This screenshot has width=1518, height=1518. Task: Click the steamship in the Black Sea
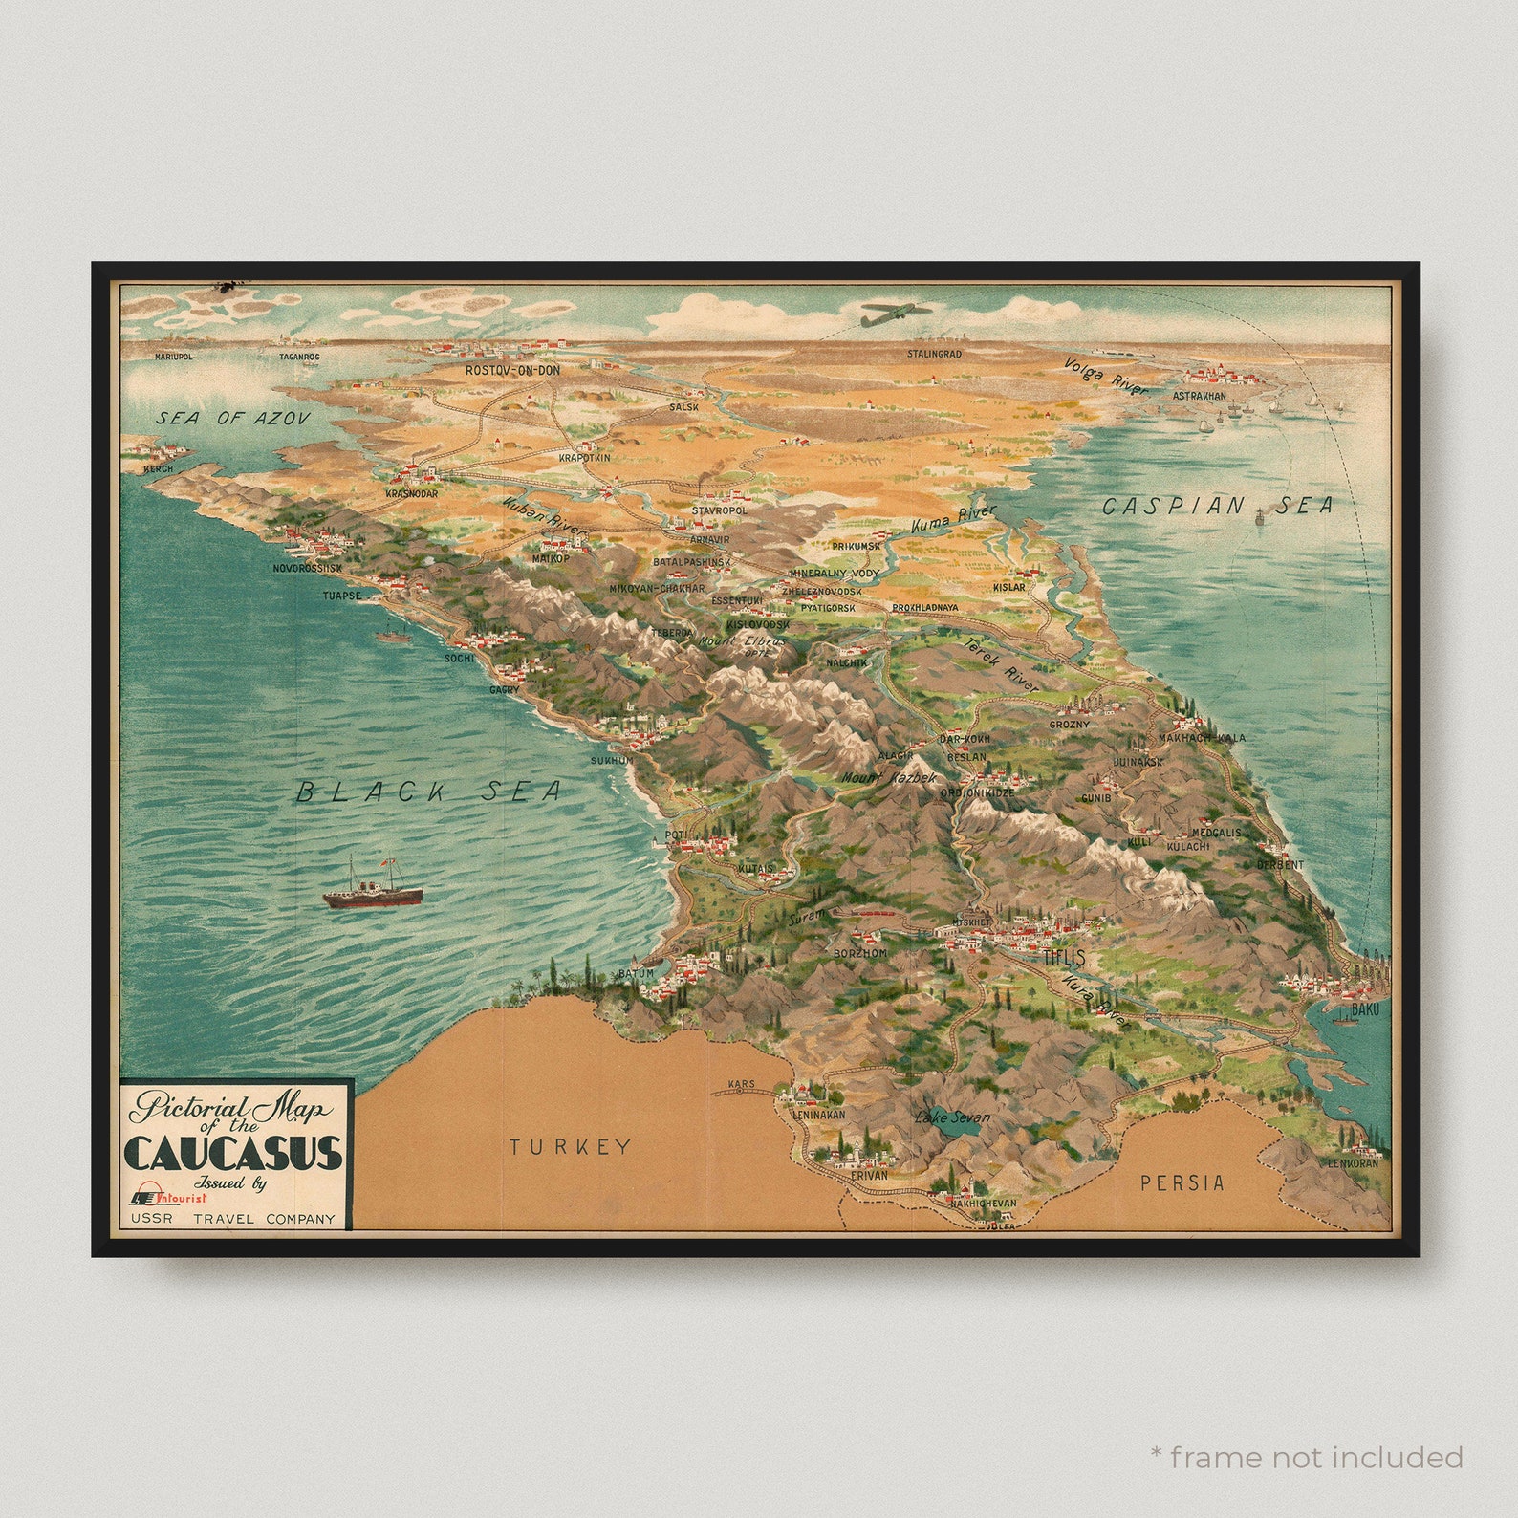[373, 884]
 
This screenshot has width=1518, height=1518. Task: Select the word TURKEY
[570, 1146]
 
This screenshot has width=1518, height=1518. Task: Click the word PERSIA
[1182, 1182]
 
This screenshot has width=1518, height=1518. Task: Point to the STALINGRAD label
[934, 354]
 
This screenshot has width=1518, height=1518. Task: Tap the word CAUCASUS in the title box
[233, 1153]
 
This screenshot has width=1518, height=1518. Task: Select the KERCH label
[158, 469]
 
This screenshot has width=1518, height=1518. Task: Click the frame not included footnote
[1307, 1457]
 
